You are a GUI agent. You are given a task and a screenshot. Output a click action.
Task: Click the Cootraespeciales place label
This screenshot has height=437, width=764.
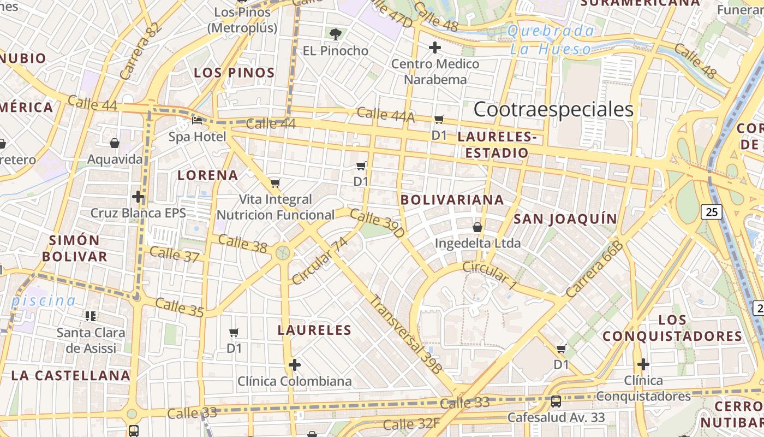pos(553,109)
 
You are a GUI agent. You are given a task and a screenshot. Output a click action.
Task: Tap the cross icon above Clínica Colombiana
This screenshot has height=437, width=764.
pos(295,364)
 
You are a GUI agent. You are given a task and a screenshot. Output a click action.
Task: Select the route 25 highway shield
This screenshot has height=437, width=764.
pos(712,211)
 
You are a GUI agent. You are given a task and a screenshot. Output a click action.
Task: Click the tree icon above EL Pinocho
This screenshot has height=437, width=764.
pos(336,34)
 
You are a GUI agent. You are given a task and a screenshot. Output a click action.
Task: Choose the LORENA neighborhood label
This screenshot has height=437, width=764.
pos(208,175)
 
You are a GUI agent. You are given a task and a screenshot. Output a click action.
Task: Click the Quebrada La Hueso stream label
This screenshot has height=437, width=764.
pos(550,40)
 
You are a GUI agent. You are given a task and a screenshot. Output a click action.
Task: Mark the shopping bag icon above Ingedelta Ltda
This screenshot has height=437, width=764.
pos(477,227)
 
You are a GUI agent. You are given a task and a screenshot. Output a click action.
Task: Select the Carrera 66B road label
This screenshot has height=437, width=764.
pos(594,269)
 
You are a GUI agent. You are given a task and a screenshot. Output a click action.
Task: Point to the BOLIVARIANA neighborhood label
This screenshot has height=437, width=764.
pos(452,200)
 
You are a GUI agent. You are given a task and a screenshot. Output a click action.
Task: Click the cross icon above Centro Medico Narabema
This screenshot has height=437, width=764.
pos(435,48)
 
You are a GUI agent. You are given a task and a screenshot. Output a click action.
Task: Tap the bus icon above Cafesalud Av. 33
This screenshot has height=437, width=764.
pos(556,401)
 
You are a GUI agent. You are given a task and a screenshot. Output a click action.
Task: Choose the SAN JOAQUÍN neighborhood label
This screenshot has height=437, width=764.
pos(565,219)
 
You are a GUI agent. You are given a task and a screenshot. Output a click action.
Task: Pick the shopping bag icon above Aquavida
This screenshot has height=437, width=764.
pos(115,143)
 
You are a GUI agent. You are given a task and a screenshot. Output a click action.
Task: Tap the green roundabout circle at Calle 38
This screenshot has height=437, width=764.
pos(283,252)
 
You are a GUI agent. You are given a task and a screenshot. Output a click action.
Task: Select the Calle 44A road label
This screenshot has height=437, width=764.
pos(386,115)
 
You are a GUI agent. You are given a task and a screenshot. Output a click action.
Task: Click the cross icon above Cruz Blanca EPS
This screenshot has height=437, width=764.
pos(138,196)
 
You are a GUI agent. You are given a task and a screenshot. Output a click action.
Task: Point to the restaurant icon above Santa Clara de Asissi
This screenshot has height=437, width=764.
pos(91,316)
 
